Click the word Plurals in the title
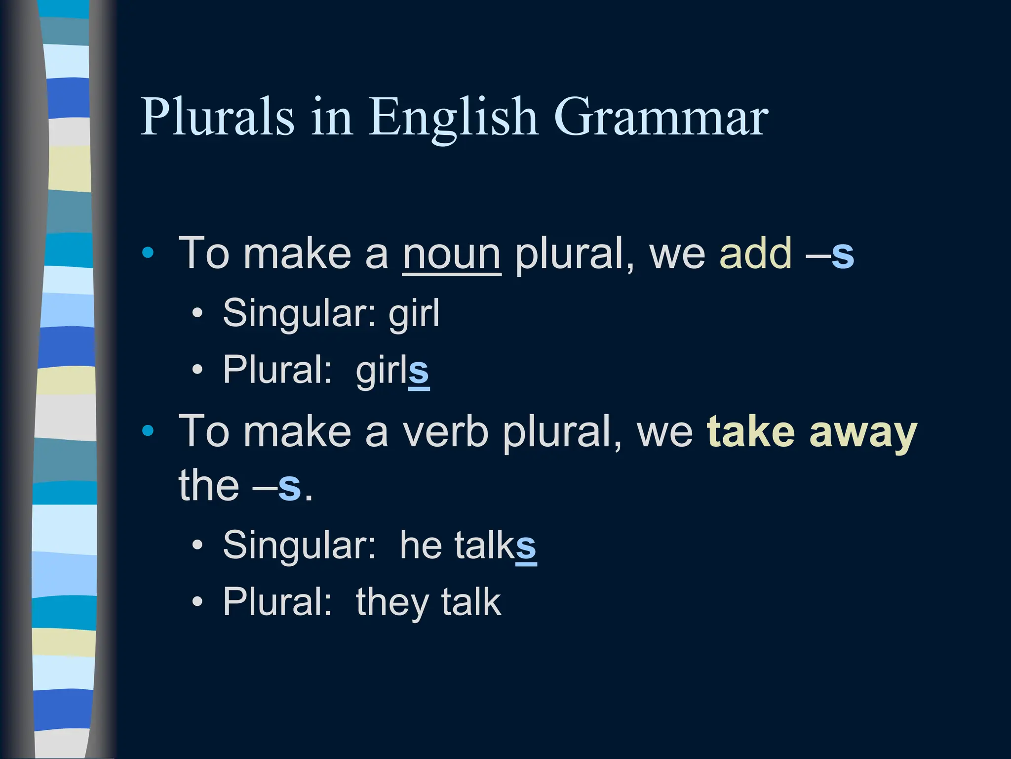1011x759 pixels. coord(217,117)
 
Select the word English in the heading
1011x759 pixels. coord(452,118)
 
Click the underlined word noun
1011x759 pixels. coord(451,254)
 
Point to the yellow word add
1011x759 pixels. coord(755,253)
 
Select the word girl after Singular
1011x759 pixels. coord(414,313)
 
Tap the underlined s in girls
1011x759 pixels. coord(419,372)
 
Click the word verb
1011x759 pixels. coord(445,432)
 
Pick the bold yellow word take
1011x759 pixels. coord(751,432)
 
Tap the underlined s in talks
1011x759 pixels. coord(526,547)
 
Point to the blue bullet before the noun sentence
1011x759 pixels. coord(148,253)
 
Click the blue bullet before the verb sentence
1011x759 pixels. coord(148,431)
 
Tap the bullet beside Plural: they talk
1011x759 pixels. coord(197,602)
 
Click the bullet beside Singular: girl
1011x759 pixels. coord(197,313)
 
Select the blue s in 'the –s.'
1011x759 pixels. coord(289,487)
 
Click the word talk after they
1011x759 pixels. coord(471,602)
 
